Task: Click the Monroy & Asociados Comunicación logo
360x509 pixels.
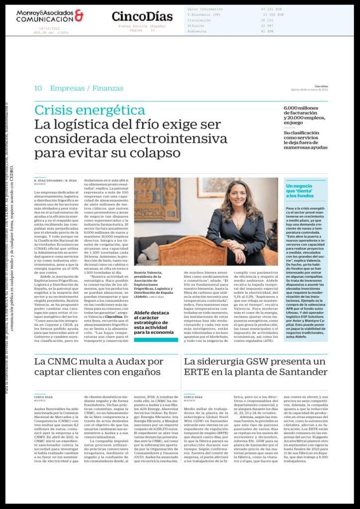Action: (50, 16)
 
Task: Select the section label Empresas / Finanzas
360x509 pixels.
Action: (87, 88)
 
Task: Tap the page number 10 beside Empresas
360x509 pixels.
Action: (38, 88)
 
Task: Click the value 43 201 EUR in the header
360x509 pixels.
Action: (271, 9)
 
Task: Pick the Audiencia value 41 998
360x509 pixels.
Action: (268, 31)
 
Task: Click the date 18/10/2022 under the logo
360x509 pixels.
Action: (49, 29)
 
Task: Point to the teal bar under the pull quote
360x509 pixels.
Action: (156, 340)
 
